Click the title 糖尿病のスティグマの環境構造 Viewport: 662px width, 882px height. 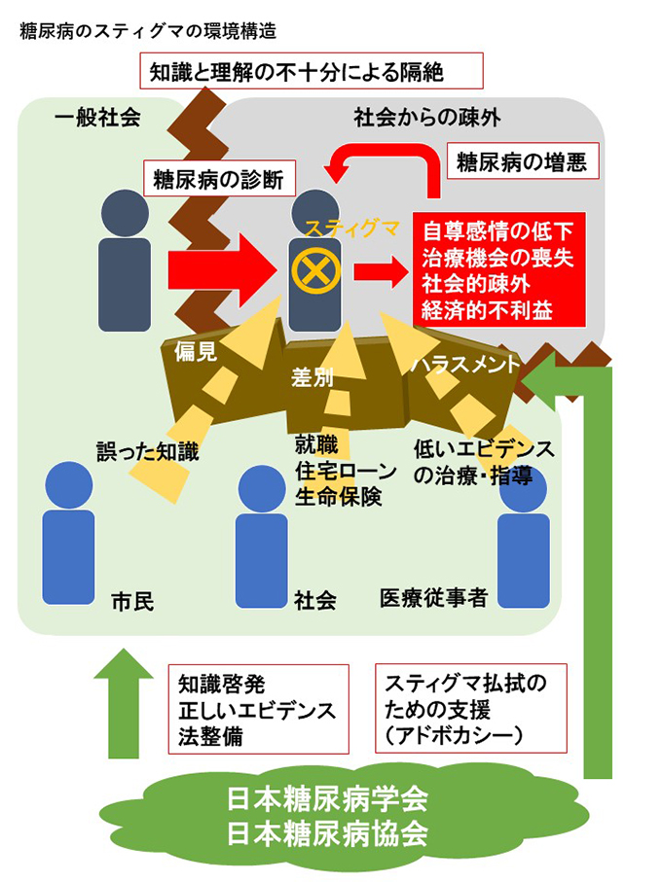click(x=148, y=31)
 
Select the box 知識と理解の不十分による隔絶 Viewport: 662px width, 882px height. click(x=312, y=71)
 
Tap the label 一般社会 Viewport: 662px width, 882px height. click(x=98, y=118)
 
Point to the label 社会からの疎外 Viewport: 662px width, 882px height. click(x=427, y=118)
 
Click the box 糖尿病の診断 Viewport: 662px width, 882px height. click(x=220, y=179)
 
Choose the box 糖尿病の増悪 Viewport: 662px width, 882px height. click(x=523, y=161)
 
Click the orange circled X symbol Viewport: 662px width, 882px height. click(x=315, y=270)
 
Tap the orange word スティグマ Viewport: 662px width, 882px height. click(x=352, y=229)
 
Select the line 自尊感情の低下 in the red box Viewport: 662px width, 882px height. click(x=497, y=231)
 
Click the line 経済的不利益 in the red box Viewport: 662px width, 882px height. click(x=487, y=310)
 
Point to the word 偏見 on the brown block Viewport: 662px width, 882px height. click(x=196, y=352)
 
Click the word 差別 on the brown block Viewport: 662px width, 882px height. click(x=313, y=377)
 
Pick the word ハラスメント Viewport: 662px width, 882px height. click(x=465, y=364)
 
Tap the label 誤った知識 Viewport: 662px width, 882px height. click(x=147, y=451)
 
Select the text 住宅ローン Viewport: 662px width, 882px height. click(x=346, y=472)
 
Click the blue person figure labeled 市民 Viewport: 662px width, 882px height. click(x=69, y=532)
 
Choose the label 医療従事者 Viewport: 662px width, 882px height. click(x=433, y=597)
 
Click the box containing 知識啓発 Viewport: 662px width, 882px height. click(x=258, y=709)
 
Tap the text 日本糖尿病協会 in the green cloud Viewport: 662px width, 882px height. click(x=327, y=833)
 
